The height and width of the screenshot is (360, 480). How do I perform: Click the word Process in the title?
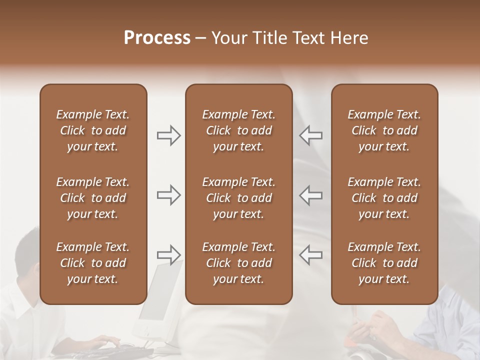pos(157,38)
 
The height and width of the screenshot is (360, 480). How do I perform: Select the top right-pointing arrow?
pos(168,135)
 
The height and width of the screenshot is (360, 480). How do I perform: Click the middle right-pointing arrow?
pos(168,195)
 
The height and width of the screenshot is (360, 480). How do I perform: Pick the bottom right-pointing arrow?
pos(168,255)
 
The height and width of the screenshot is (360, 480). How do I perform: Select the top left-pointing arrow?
pos(310,135)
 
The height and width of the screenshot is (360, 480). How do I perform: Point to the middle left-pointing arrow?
pos(310,195)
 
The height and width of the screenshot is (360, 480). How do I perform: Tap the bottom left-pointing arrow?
pos(310,255)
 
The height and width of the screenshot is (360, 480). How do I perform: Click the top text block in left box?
pos(93,130)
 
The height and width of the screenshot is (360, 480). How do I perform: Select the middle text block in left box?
pos(93,198)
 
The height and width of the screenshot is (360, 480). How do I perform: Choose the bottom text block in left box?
pos(93,263)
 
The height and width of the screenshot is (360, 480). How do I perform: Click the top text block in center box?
pos(238,130)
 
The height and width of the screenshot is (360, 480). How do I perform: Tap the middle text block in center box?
pos(238,198)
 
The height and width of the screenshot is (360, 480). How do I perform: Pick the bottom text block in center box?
pos(238,263)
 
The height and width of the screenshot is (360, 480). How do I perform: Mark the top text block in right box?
pos(384,130)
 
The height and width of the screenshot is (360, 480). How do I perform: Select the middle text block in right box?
pos(384,198)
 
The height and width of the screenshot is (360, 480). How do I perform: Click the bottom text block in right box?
pos(384,263)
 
